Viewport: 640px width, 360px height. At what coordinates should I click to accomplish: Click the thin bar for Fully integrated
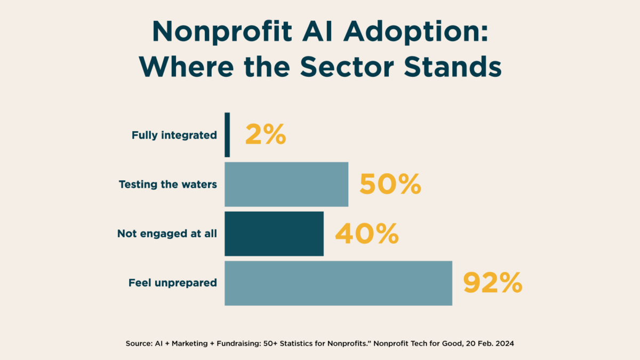coord(227,135)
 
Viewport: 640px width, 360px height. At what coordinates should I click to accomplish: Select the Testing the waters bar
coord(286,184)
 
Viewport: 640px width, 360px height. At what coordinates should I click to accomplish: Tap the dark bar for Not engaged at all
coord(274,234)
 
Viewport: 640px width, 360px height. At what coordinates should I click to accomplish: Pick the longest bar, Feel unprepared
coord(338,283)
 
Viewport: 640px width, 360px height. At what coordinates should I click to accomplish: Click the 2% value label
coord(266,135)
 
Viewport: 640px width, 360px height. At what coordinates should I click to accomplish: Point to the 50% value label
coord(390,185)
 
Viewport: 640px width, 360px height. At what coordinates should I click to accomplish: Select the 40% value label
coord(367,234)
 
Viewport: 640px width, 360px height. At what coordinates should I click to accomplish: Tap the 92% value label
coord(492,283)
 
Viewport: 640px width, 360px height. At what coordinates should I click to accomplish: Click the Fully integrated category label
coord(174,135)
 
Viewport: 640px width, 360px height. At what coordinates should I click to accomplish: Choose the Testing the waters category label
coord(168,185)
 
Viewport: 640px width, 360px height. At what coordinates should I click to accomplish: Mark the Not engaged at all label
coord(167,234)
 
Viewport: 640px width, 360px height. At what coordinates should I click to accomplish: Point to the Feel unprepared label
coord(173,283)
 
